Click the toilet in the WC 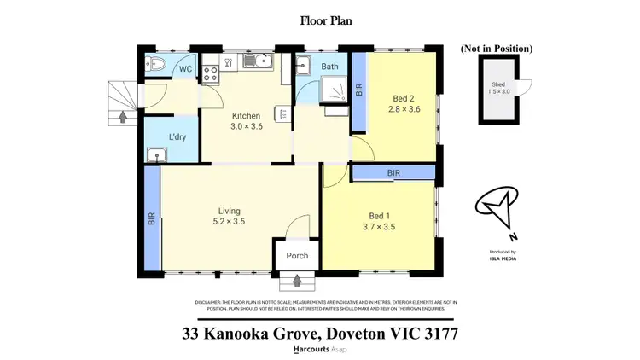(157, 63)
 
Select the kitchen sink (259, 60)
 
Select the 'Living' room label (229, 211)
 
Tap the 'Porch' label (297, 256)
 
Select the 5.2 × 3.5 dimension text (229, 222)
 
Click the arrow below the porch (297, 279)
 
